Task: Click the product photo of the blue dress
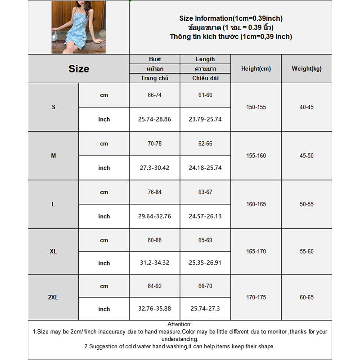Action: click(78, 27)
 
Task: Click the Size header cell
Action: click(79, 69)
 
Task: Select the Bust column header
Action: click(155, 59)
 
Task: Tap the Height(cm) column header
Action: click(256, 69)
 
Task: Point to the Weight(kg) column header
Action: click(306, 69)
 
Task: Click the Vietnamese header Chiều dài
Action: click(205, 78)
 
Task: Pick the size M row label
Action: click(54, 156)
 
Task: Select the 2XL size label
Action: click(54, 297)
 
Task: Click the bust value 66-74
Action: click(154, 95)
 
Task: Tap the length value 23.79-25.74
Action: click(205, 120)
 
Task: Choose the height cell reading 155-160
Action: click(256, 156)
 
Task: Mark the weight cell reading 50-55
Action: click(306, 204)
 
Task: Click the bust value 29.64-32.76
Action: click(154, 216)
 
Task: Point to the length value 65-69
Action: click(205, 240)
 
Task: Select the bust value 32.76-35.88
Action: click(154, 309)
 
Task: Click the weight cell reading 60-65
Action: click(306, 297)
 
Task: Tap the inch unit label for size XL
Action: click(104, 263)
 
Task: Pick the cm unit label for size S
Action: click(104, 95)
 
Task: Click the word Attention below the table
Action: click(180, 324)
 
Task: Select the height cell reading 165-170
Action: click(256, 252)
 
